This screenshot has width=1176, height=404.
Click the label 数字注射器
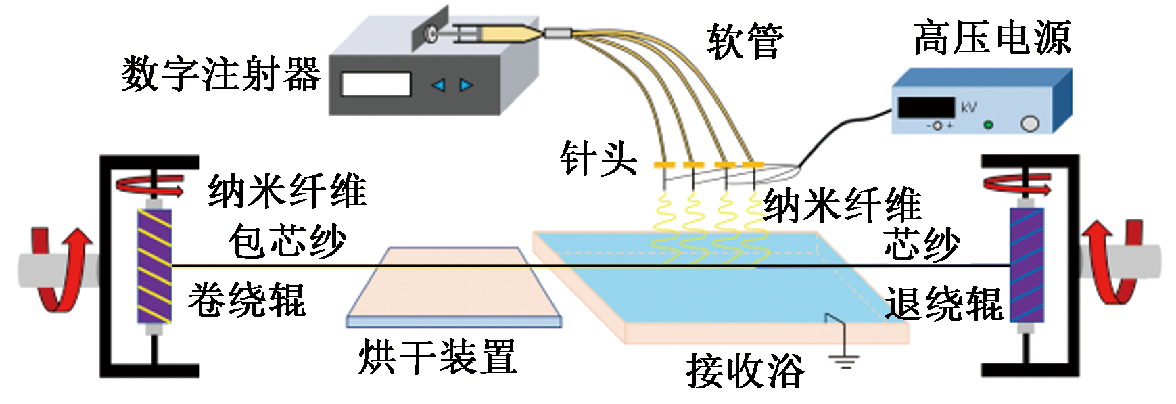[x=220, y=74]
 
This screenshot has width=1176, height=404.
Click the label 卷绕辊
[x=247, y=300]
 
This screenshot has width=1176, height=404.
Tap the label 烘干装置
[x=438, y=357]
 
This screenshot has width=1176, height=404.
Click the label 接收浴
[x=745, y=371]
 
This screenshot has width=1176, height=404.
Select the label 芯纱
[x=921, y=243]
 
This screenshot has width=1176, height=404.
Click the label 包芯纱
[x=287, y=241]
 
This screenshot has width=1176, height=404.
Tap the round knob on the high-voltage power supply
[x=1029, y=124]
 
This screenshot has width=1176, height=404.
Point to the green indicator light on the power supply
[x=988, y=125]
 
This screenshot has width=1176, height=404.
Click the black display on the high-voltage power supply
[x=925, y=108]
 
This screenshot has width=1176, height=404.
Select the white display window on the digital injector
[x=376, y=84]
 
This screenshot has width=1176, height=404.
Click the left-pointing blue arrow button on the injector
[x=438, y=85]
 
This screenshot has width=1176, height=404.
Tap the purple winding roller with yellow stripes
[x=154, y=266]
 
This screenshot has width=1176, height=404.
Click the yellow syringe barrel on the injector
[x=504, y=33]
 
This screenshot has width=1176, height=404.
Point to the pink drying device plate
[x=453, y=284]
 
